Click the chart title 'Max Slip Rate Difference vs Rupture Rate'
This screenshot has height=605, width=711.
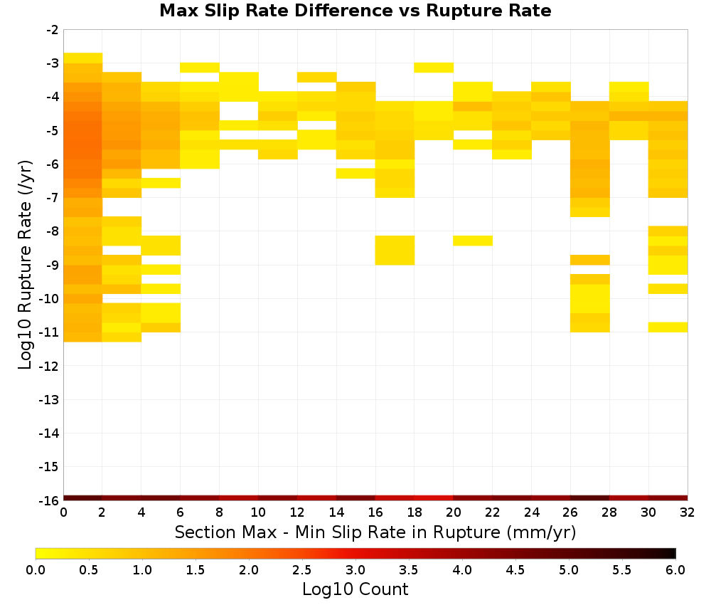point(355,11)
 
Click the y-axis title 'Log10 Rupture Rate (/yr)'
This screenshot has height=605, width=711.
point(26,265)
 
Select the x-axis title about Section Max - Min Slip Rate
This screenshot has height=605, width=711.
point(375,532)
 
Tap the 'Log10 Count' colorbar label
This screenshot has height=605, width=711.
point(355,589)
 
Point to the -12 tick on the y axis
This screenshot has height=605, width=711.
point(49,366)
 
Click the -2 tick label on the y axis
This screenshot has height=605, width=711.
point(52,30)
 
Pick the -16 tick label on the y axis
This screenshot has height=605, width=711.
point(49,500)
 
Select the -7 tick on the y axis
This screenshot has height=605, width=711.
point(52,198)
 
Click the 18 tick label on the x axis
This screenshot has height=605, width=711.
point(415,512)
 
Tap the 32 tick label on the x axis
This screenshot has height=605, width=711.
point(687,512)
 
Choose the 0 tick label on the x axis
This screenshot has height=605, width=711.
point(63,512)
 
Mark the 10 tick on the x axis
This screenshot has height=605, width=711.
point(258,512)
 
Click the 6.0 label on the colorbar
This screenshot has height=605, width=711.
point(675,569)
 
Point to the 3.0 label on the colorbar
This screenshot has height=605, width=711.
point(355,569)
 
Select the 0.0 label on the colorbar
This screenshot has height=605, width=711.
point(36,569)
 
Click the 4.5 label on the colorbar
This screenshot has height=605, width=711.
point(515,569)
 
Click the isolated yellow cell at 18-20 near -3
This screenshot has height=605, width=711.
point(434,68)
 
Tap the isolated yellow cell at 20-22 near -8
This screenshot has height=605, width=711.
point(473,241)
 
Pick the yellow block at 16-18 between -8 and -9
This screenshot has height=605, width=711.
point(395,250)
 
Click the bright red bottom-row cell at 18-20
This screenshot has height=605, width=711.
point(434,498)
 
